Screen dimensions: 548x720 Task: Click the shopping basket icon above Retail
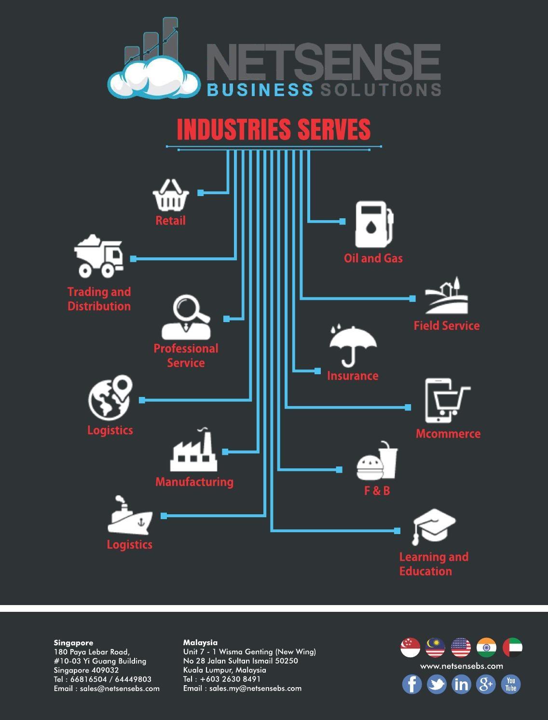(x=170, y=196)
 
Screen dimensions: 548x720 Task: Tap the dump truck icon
(x=99, y=256)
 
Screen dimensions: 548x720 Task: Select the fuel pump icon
(x=373, y=225)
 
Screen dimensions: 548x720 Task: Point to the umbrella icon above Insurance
(x=353, y=344)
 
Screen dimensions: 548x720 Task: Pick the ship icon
(x=129, y=517)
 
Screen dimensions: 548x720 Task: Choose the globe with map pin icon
(x=110, y=398)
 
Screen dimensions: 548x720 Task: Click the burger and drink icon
(x=377, y=462)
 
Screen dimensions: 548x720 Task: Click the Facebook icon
(x=412, y=684)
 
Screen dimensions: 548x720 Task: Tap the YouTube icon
(x=511, y=684)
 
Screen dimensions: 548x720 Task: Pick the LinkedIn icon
(x=461, y=684)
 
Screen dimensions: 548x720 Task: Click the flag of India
(x=486, y=648)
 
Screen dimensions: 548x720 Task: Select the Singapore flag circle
(x=410, y=648)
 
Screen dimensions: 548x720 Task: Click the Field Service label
(x=447, y=325)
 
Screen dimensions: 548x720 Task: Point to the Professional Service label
(x=186, y=355)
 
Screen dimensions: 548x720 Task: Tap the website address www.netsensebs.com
(x=461, y=666)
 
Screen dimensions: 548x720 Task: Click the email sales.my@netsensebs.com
(x=255, y=689)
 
